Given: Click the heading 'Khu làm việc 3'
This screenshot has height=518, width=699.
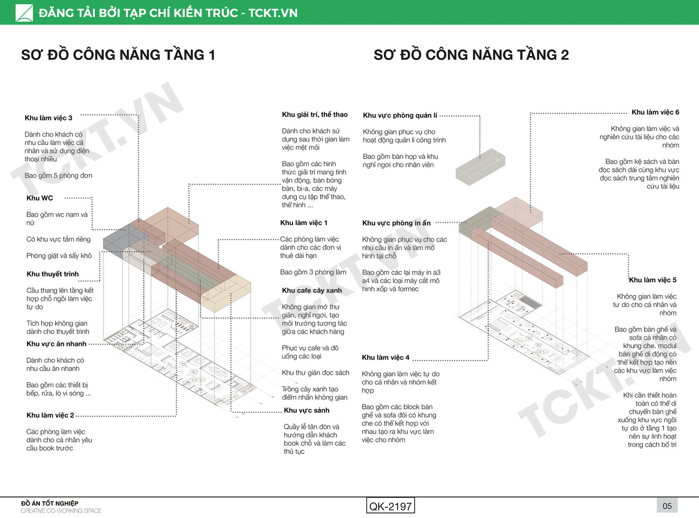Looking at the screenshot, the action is [x=48, y=118].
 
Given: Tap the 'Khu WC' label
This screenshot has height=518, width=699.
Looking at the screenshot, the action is [x=40, y=198].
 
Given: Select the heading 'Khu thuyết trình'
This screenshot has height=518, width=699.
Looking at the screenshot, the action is [x=53, y=274].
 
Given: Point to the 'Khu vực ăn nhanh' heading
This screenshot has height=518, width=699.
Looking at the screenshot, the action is [x=56, y=344].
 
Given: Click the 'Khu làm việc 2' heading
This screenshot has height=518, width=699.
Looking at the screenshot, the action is [x=50, y=415].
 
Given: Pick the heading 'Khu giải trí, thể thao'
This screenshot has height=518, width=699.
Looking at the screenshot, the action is [x=315, y=114].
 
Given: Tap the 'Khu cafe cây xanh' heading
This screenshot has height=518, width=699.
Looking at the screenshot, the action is [x=312, y=290].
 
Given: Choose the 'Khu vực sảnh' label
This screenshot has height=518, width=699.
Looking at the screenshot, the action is [x=307, y=410].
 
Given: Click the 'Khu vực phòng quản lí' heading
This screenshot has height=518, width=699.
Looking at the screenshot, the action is [x=400, y=115].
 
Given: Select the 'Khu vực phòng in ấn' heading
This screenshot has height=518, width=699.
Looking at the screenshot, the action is [x=397, y=223].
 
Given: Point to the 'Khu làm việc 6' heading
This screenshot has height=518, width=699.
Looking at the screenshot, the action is [x=656, y=112].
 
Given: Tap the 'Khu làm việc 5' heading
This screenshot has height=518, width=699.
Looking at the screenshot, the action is [x=653, y=280].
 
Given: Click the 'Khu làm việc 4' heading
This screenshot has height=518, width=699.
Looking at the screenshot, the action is [x=385, y=357].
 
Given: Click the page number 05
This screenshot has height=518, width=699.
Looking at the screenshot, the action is [x=667, y=506].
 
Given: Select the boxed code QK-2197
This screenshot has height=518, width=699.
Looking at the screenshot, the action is [x=391, y=506].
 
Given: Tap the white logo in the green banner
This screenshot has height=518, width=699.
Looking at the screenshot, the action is [x=24, y=13].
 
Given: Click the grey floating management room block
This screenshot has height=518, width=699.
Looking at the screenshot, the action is [x=480, y=167].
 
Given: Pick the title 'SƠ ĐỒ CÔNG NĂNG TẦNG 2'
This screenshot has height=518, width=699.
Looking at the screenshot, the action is [x=471, y=55].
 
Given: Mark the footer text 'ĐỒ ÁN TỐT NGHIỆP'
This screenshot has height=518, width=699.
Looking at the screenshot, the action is [x=50, y=503].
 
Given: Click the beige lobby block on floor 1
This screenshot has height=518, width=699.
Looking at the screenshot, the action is [x=226, y=294].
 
